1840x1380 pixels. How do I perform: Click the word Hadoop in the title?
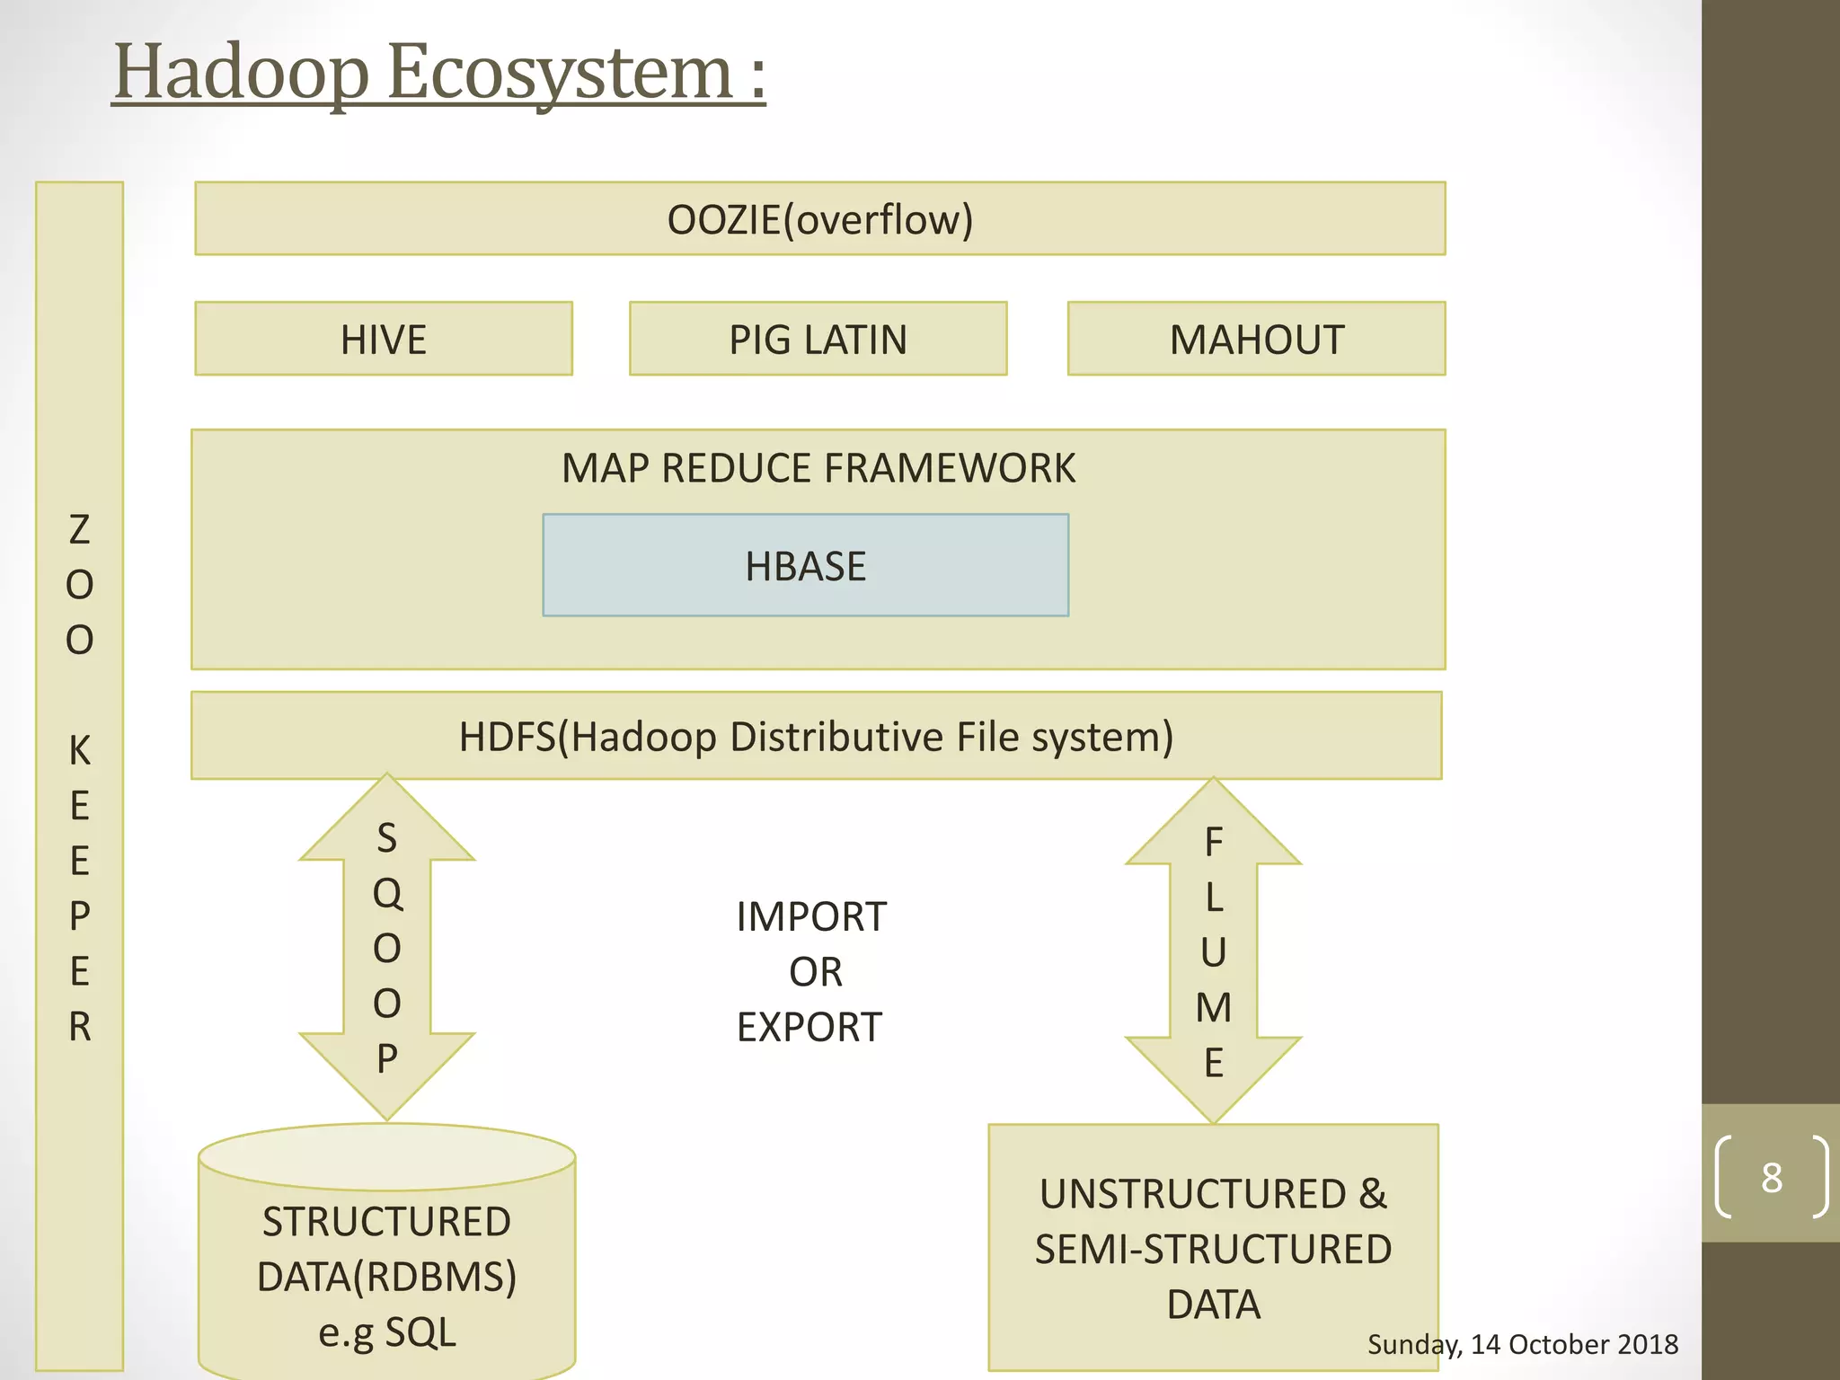point(241,74)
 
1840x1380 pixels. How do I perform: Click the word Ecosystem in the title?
point(561,74)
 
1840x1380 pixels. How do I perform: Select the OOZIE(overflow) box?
point(819,219)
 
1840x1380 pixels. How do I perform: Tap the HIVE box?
point(384,339)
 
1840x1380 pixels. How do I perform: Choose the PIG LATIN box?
point(818,339)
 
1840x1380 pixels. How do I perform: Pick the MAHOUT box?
point(1256,339)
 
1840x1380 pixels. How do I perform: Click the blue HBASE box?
point(805,566)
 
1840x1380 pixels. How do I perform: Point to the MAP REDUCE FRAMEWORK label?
point(818,468)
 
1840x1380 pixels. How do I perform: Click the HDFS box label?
point(816,737)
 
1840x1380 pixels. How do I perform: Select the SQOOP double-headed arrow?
point(387,948)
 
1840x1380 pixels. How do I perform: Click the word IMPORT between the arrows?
point(810,917)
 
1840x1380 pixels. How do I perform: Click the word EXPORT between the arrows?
point(809,1027)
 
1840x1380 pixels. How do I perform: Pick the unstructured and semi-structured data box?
point(1213,1249)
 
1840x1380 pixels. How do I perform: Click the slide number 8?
point(1771,1177)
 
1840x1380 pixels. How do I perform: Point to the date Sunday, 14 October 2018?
point(1522,1344)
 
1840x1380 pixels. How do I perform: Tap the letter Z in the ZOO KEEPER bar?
point(79,530)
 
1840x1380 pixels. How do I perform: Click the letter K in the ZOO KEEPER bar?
point(79,750)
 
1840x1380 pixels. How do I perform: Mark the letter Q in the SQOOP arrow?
point(387,893)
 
